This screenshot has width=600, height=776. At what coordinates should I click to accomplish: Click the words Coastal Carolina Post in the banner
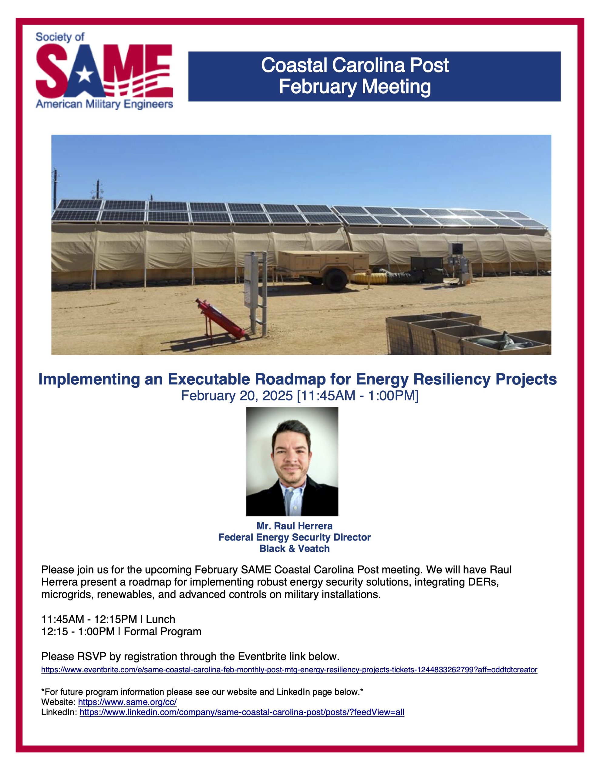click(x=355, y=65)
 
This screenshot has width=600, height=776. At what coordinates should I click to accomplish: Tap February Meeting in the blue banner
click(x=355, y=87)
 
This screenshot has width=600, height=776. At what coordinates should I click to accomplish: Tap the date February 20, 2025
click(x=237, y=396)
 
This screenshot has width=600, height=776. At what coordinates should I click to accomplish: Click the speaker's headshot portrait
click(x=292, y=461)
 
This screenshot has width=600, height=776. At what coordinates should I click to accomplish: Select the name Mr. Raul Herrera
click(x=295, y=526)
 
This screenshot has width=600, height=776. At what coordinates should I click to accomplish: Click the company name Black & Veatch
click(x=295, y=549)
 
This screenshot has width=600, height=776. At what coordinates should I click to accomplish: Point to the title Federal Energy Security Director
click(x=295, y=537)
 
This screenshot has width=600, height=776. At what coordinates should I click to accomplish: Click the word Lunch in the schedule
click(x=160, y=619)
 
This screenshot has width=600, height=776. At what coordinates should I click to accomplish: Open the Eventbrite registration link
click(x=289, y=670)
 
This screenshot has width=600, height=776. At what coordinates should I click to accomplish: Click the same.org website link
click(x=127, y=702)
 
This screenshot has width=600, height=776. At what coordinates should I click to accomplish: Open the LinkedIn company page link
click(x=242, y=712)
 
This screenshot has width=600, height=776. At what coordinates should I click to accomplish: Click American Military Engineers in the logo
click(x=105, y=104)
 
